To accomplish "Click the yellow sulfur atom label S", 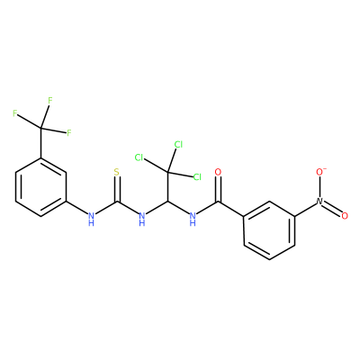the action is (117, 172).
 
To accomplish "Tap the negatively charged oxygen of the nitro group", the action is (320, 171).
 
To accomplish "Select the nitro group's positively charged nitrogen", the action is (319, 201).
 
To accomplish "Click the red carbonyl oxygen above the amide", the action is (218, 172).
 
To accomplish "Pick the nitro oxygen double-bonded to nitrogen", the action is (345, 215).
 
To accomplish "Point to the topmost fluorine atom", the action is (50, 101).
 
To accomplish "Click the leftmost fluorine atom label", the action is (15, 113).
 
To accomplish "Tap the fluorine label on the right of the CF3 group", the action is (69, 132).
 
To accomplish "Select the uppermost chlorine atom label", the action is (178, 145).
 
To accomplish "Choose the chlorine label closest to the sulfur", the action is (139, 157).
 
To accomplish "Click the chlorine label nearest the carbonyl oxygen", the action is (197, 177).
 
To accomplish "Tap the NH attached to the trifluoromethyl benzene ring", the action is (91, 219).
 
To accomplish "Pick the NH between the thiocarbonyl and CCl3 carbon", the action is (142, 219).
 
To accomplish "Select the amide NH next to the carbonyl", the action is (193, 219).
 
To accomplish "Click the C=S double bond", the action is (117, 189).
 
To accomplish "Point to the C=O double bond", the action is (219, 189).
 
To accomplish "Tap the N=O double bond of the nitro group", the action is (333, 208).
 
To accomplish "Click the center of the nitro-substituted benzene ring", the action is (269, 230).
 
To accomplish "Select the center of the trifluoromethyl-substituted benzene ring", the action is (40, 186).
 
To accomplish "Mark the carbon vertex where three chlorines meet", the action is (167, 172).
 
